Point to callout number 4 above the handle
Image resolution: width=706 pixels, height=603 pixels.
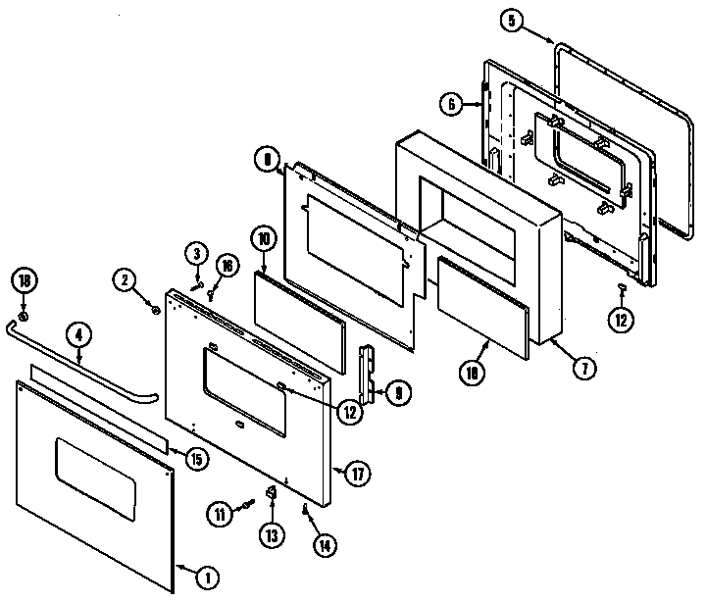click(80, 333)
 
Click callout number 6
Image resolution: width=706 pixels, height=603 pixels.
click(449, 102)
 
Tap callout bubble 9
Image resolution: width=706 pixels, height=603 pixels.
click(400, 393)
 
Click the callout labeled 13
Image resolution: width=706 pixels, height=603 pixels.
click(272, 535)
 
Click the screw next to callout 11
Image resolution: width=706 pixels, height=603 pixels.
click(248, 503)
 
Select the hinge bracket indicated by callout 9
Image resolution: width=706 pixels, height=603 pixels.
click(370, 374)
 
